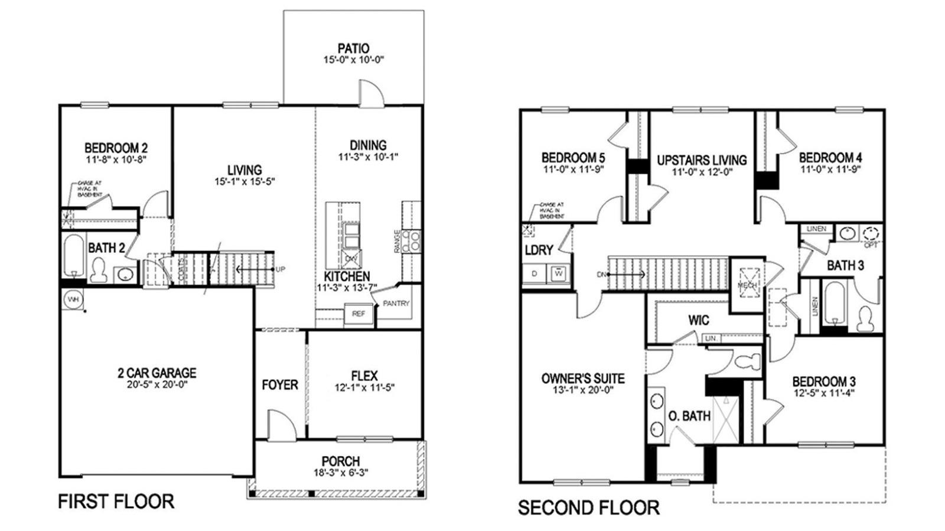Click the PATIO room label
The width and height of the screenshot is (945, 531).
pos(353,48)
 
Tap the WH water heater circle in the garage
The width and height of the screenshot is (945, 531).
pos(73,299)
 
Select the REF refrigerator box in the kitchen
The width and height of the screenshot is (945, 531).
pos(359,314)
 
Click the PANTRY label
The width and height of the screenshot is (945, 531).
pos(396,304)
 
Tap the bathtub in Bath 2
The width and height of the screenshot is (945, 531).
pos(74,256)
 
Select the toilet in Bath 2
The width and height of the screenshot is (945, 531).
pos(99,271)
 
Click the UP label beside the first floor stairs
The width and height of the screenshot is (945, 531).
pos(281,269)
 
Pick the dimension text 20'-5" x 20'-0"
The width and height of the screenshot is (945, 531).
pos(157,385)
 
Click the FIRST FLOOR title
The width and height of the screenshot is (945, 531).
pos(116,502)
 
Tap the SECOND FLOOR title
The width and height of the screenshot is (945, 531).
pos(588,507)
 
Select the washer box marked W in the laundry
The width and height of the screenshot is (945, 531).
pos(558,273)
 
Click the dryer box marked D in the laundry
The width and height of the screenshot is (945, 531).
pos(535,273)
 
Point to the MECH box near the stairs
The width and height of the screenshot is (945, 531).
pos(747,285)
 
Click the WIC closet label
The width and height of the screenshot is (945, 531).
pos(699,320)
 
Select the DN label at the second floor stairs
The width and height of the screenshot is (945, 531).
pos(601,275)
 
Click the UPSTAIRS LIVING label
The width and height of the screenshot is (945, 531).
pos(702,160)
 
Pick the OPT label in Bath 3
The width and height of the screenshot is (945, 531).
pos(871,244)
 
